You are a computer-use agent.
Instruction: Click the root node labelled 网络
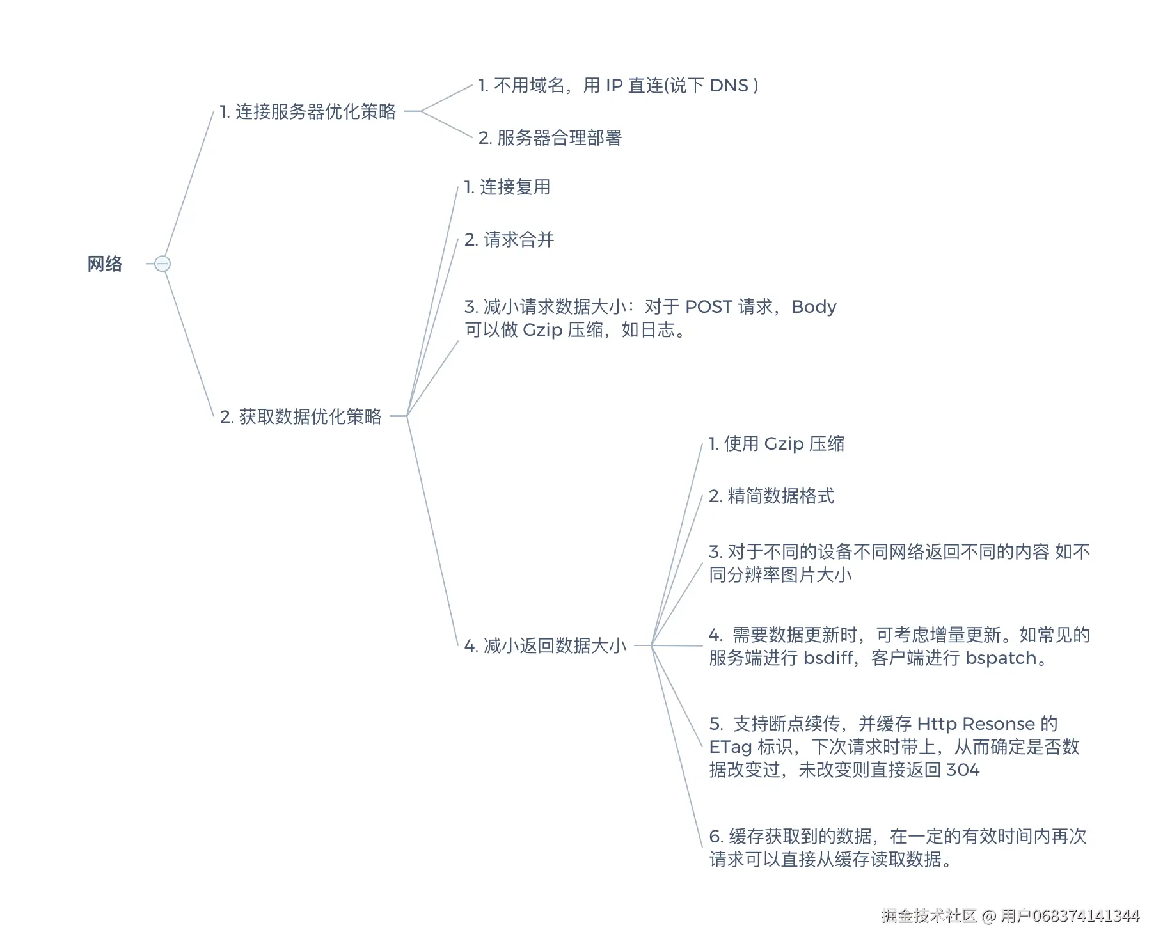pos(105,264)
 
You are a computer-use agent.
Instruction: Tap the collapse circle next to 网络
pos(162,264)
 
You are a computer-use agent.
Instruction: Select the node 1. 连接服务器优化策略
pos(308,112)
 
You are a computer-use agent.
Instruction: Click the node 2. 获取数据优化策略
pos(301,417)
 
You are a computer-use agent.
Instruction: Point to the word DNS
pos(729,86)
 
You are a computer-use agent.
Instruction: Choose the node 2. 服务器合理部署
pos(550,138)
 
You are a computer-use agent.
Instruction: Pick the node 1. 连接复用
pos(507,187)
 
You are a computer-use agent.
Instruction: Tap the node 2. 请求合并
pos(509,240)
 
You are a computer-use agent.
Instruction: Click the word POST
pos(709,307)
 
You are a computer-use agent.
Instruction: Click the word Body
pos(814,307)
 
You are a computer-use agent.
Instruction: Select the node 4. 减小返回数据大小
pos(545,646)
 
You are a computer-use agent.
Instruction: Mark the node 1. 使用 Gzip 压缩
pos(777,444)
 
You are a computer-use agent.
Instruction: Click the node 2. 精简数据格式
pos(771,496)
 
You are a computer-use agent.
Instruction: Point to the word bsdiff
pos(829,658)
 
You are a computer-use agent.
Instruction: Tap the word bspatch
pos(1001,658)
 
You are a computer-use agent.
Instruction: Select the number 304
pos(963,770)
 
